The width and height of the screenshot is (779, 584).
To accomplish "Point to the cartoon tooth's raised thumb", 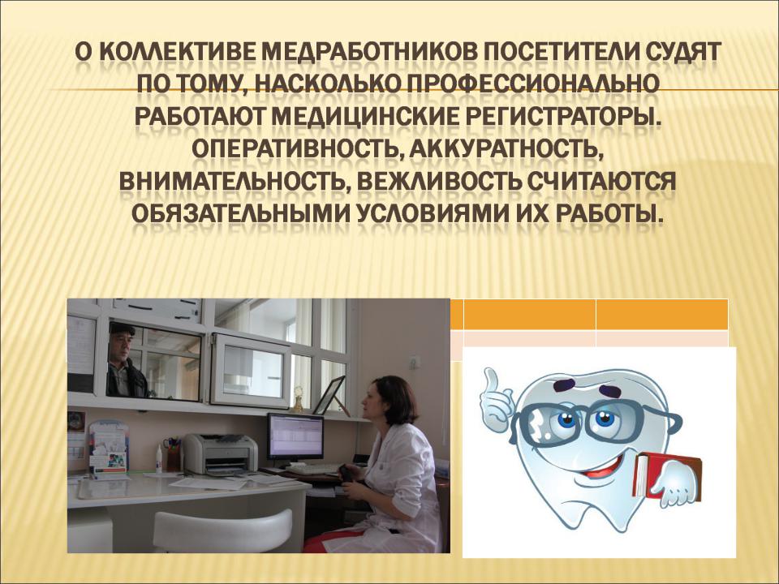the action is (493, 380).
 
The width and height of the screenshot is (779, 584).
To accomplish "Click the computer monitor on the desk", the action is (295, 437).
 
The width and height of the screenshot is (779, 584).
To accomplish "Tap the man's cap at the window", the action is (123, 328).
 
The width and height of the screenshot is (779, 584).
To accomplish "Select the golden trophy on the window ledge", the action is (299, 399).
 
